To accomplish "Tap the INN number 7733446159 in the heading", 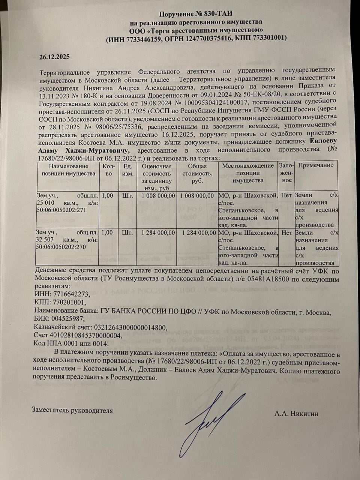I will pyautogui.click(x=141, y=38).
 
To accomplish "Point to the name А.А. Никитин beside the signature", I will pyautogui.click(x=296, y=414).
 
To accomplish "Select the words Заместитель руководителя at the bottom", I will pyautogui.click(x=73, y=410).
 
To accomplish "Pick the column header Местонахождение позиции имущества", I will pyautogui.click(x=248, y=173).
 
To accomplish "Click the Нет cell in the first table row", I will pyautogui.click(x=286, y=195).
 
